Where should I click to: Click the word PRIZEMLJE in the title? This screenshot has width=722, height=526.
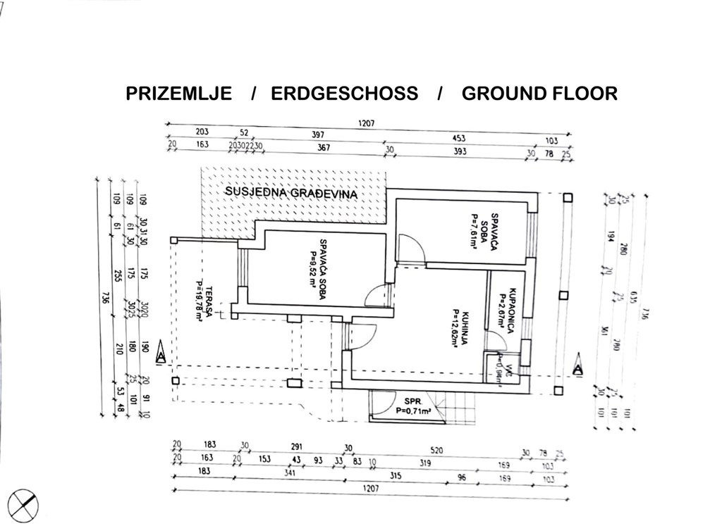(x=178, y=94)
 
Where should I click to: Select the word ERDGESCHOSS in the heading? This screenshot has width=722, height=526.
(x=344, y=94)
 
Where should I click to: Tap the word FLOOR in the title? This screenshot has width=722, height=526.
(x=583, y=94)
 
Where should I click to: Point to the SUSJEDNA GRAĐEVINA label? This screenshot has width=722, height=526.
(x=291, y=192)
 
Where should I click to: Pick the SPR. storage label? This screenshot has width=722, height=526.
(x=404, y=401)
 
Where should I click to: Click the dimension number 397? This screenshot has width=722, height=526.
(x=318, y=134)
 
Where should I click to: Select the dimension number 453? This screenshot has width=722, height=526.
(x=458, y=139)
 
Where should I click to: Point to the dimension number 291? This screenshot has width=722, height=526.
(x=297, y=446)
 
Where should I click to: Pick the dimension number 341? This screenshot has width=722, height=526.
(x=289, y=474)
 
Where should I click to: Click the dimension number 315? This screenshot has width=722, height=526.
(x=395, y=476)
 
